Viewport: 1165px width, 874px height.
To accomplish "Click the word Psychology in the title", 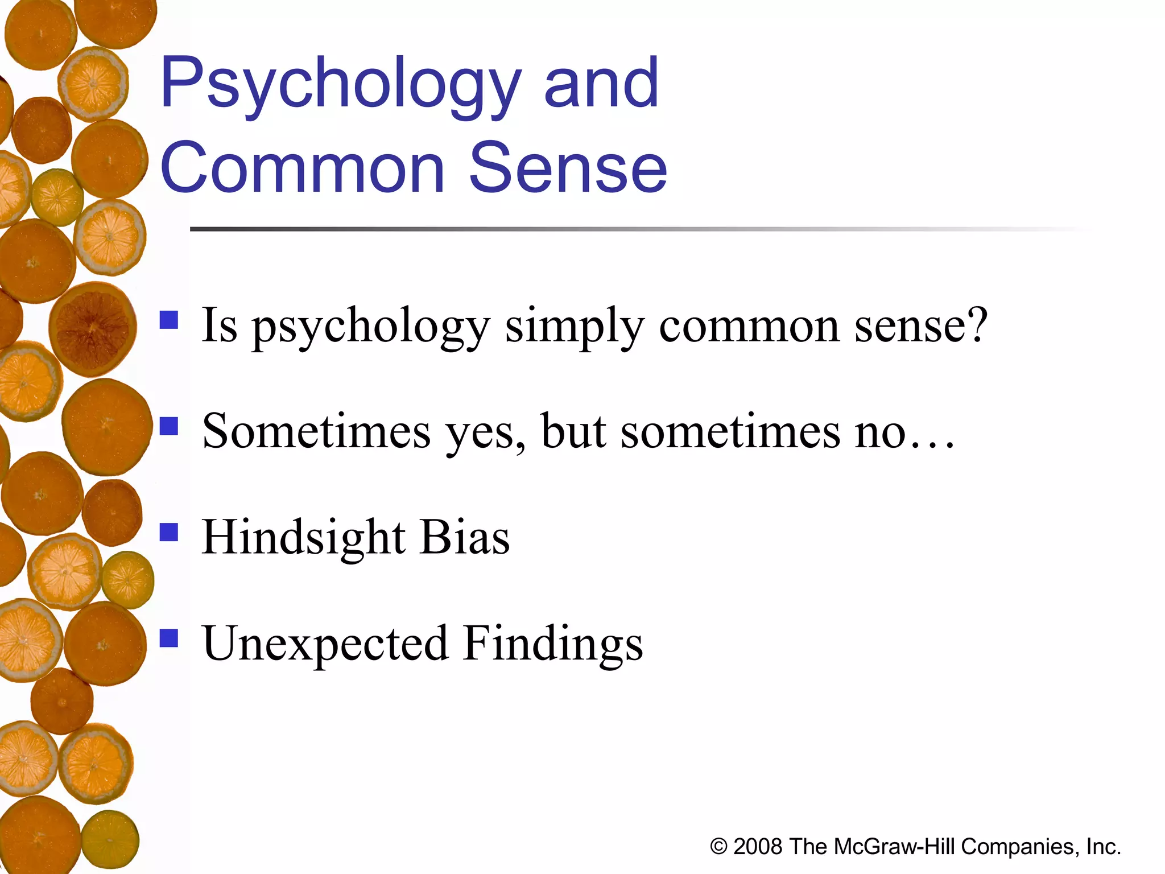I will [340, 85].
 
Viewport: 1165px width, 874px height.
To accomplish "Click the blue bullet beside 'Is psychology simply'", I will [169, 320].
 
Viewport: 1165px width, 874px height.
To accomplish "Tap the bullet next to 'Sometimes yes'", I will [169, 426].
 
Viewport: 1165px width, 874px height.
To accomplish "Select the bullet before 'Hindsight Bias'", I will [169, 532].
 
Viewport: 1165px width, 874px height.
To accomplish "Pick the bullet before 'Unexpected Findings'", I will [169, 638].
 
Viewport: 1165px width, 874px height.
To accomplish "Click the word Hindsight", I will [304, 538].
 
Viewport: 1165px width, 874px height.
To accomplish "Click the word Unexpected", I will [325, 644].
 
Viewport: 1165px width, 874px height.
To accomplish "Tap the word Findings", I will [553, 645].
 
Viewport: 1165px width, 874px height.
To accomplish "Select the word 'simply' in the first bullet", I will [575, 327].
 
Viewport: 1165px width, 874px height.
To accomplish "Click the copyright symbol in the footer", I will [718, 847].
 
